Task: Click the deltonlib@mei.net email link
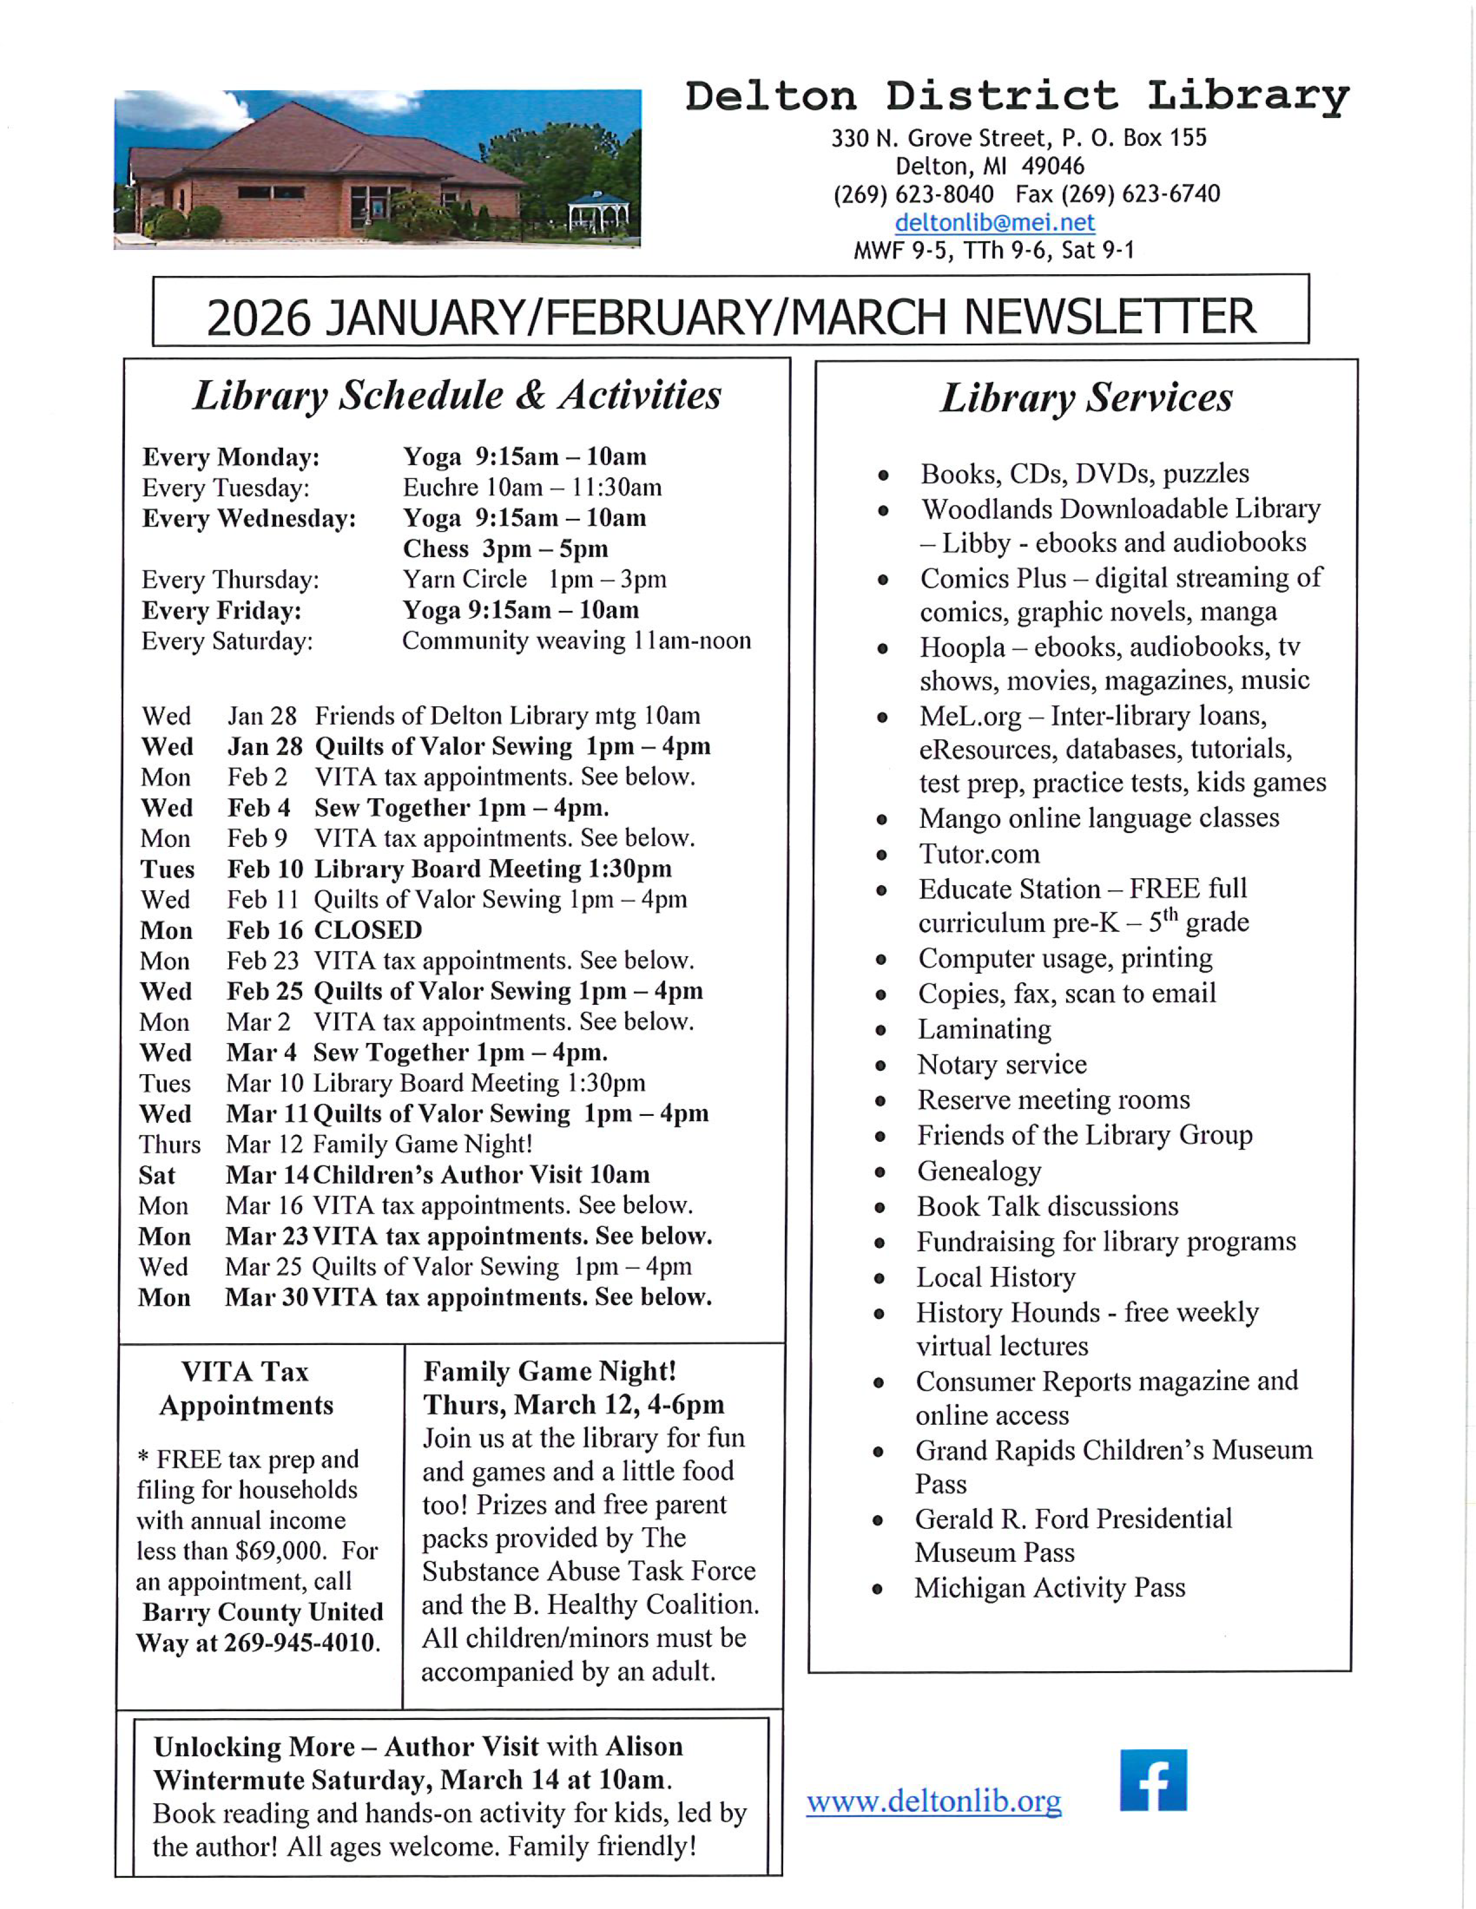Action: point(994,222)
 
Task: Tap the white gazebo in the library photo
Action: point(598,212)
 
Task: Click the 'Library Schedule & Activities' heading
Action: point(457,395)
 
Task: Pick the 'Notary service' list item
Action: point(1001,1064)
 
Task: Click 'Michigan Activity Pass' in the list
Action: point(1049,1587)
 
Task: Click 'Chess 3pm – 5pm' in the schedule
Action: point(505,549)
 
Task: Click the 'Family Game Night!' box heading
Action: point(549,1372)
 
